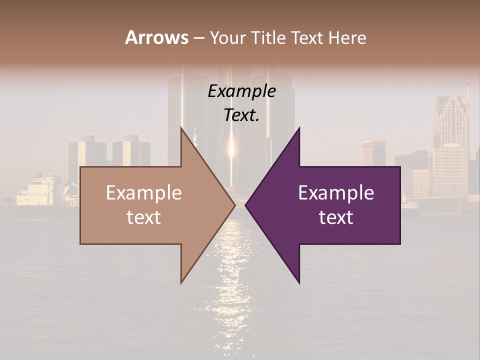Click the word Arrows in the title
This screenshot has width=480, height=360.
(x=157, y=37)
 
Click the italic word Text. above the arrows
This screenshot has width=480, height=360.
(x=241, y=115)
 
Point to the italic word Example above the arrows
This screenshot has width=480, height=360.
(x=241, y=91)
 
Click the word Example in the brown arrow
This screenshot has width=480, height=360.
(x=144, y=193)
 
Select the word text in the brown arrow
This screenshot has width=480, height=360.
(x=144, y=217)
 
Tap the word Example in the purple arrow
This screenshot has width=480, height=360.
(x=336, y=193)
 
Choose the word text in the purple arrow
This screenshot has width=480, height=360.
(x=336, y=217)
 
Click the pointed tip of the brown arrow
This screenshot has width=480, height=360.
(x=234, y=205)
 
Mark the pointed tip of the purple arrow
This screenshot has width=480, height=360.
(x=246, y=205)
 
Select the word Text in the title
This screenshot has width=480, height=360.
(x=306, y=37)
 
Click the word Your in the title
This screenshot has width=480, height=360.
(x=228, y=37)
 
